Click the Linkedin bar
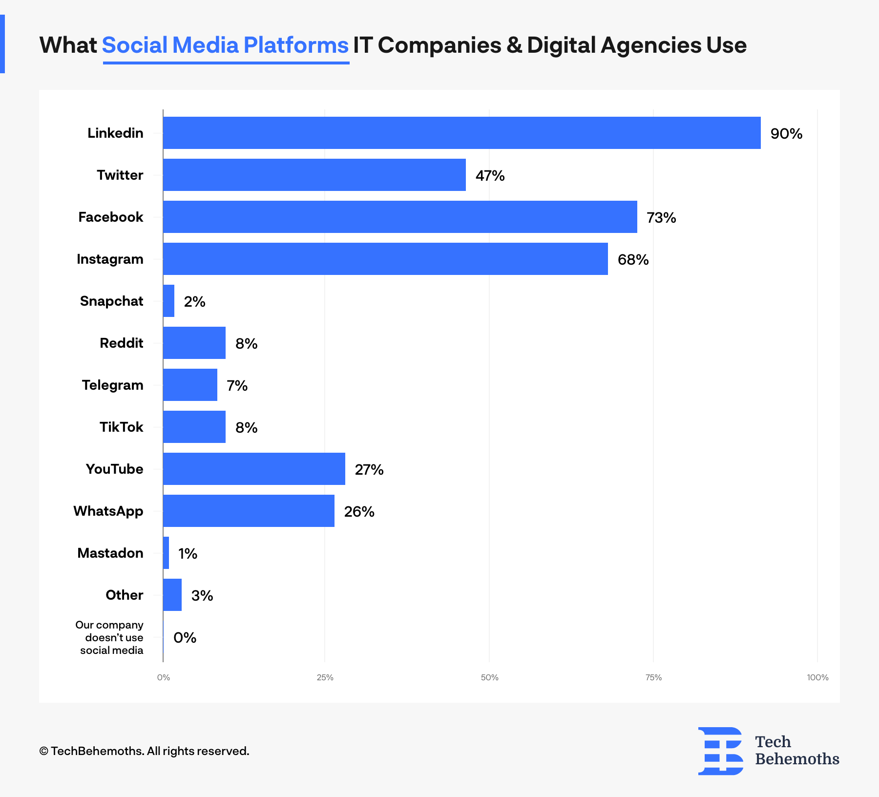click(461, 133)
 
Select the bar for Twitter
click(314, 175)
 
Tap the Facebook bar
click(399, 217)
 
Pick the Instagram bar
click(385, 259)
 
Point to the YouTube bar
click(254, 469)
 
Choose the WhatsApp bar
click(249, 511)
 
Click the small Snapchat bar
click(168, 301)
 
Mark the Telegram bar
click(190, 385)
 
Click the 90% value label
click(786, 134)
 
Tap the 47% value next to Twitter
click(490, 176)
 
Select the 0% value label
click(185, 638)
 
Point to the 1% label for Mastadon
click(188, 554)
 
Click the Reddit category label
click(121, 343)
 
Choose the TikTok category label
click(121, 427)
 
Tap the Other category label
click(124, 595)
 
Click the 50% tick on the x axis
click(489, 677)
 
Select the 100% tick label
click(817, 677)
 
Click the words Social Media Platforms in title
click(225, 45)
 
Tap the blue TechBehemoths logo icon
click(721, 751)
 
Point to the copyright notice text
click(144, 751)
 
